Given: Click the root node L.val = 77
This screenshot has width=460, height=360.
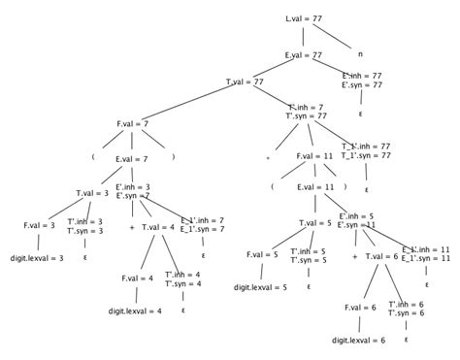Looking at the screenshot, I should pyautogui.click(x=304, y=18).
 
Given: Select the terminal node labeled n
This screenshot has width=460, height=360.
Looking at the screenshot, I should pyautogui.click(x=360, y=54).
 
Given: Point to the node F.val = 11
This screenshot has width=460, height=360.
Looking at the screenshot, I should pyautogui.click(x=315, y=155).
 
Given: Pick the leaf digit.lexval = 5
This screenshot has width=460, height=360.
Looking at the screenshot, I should pyautogui.click(x=260, y=287).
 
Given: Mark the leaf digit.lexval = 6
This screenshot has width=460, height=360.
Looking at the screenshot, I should pyautogui.click(x=358, y=341).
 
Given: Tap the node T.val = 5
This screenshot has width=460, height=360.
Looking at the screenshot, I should pyautogui.click(x=314, y=222).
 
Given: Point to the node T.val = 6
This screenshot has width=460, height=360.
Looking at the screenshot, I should pyautogui.click(x=381, y=256).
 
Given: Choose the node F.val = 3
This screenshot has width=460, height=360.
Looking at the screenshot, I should pyautogui.click(x=40, y=225).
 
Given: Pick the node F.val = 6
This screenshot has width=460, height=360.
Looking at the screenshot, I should pyautogui.click(x=359, y=308).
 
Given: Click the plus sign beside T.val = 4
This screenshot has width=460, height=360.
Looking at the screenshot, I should pyautogui.click(x=131, y=228).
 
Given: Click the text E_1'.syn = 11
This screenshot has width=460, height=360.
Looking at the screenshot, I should pyautogui.click(x=427, y=259).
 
